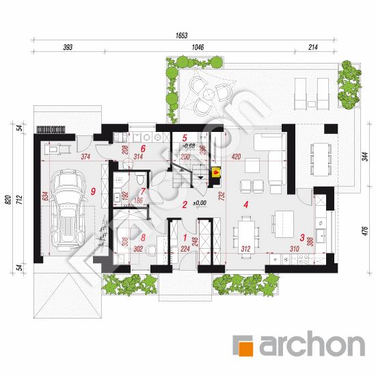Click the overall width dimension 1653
[x=180, y=35]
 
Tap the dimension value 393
[x=67, y=49]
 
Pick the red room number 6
[x=144, y=147]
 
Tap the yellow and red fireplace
[x=217, y=174]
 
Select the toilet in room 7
[x=139, y=178]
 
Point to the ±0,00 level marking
[x=198, y=204]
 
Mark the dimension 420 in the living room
[x=236, y=157]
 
